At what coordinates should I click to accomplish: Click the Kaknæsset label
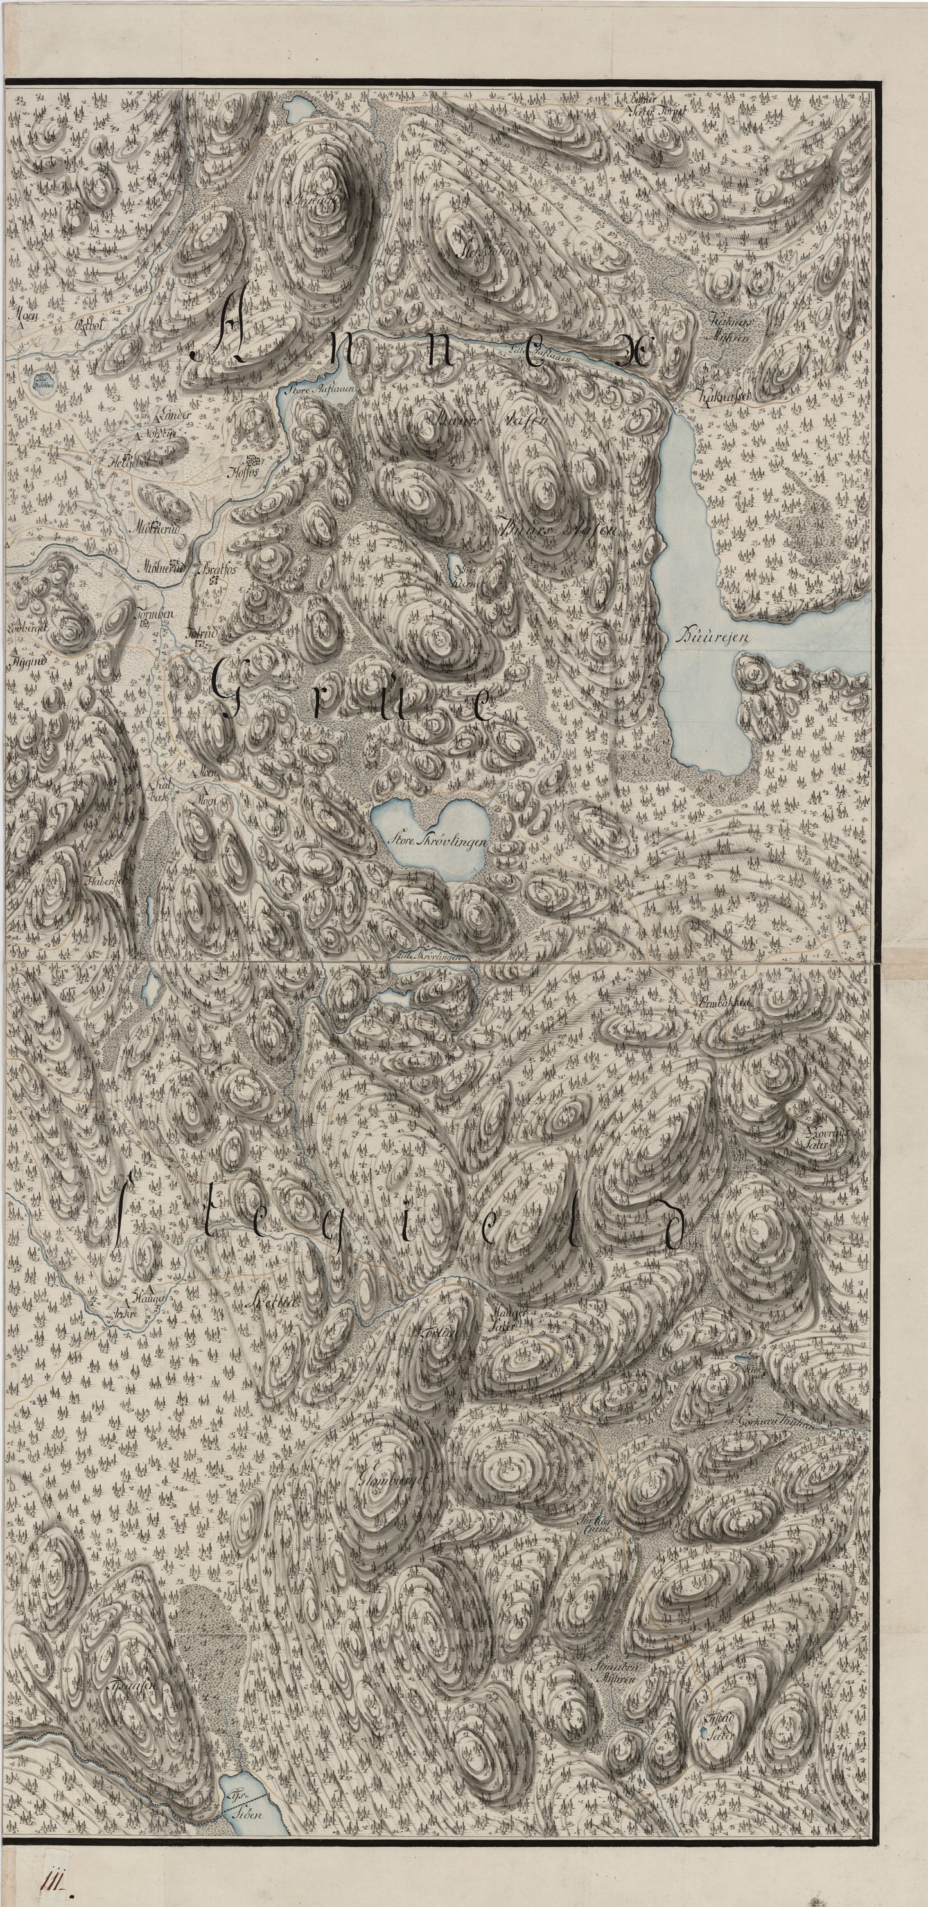pos(724,397)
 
